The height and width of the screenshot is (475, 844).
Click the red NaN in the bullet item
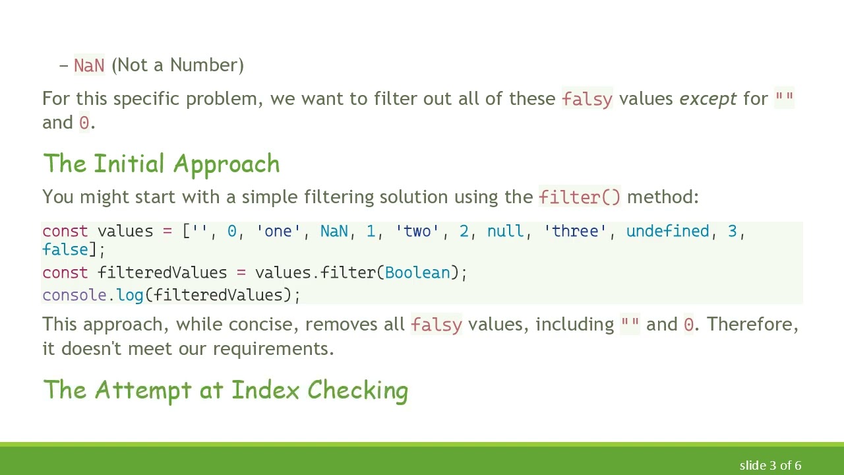pyautogui.click(x=89, y=65)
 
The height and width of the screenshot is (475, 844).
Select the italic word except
pyautogui.click(x=708, y=99)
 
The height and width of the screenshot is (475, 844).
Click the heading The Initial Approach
pyautogui.click(x=161, y=164)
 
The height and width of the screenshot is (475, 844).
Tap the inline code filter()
pyautogui.click(x=580, y=197)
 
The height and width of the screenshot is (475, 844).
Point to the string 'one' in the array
pyautogui.click(x=278, y=232)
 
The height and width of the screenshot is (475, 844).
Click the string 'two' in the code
pyautogui.click(x=417, y=232)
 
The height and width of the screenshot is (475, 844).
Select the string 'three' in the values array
pyautogui.click(x=575, y=232)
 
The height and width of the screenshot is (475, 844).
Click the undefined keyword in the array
pyautogui.click(x=667, y=232)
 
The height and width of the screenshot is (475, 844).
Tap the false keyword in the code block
pyautogui.click(x=65, y=249)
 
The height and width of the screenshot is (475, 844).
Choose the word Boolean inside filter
pyautogui.click(x=417, y=273)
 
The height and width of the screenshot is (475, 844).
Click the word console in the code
pyautogui.click(x=75, y=296)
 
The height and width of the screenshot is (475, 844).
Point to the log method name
pyautogui.click(x=130, y=296)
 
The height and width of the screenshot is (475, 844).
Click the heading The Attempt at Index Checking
pyautogui.click(x=226, y=390)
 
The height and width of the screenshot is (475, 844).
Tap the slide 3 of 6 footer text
pyautogui.click(x=770, y=466)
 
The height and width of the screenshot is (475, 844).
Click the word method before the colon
pyautogui.click(x=660, y=197)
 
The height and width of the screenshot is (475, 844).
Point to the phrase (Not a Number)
pyautogui.click(x=177, y=65)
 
